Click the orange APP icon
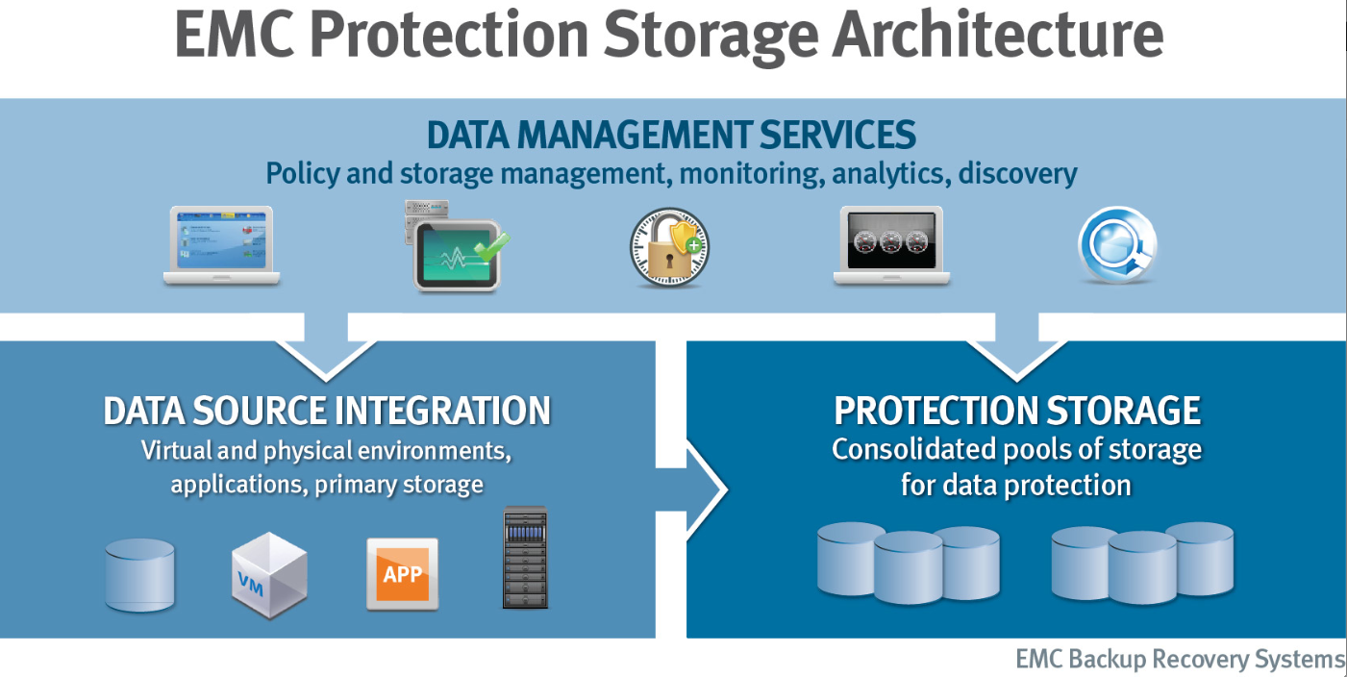tap(402, 574)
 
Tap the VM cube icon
tap(269, 575)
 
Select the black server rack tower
tap(525, 558)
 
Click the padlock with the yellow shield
tap(669, 247)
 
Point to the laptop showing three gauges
tap(891, 245)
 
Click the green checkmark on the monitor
tap(491, 246)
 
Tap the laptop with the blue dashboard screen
tap(222, 245)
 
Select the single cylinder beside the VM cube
tap(140, 575)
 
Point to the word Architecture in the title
tap(998, 35)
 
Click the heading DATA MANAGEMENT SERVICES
tap(671, 135)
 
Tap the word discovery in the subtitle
tap(1017, 174)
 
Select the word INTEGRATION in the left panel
tap(442, 412)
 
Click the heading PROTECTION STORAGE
tap(1017, 412)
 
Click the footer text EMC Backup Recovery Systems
tap(1180, 659)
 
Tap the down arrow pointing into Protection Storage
tap(1017, 346)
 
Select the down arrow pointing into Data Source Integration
tap(326, 346)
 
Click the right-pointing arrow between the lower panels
tap(691, 489)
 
